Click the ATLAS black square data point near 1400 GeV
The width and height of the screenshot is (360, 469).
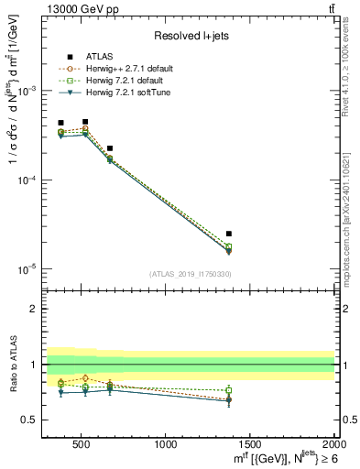(229, 234)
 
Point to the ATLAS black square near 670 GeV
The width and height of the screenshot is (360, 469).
(110, 148)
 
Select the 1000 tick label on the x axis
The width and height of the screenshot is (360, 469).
(166, 444)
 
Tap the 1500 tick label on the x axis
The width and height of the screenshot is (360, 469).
(250, 444)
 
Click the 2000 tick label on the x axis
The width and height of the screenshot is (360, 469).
(333, 444)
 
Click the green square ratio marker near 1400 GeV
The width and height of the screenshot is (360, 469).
(229, 390)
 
